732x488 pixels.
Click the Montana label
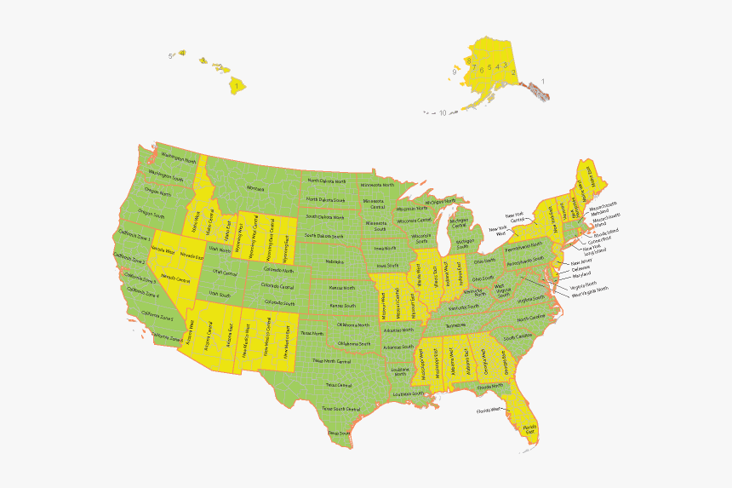click(x=255, y=187)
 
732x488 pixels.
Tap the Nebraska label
click(x=335, y=261)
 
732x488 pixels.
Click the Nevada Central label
click(x=175, y=278)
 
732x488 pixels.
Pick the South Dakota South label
click(x=324, y=236)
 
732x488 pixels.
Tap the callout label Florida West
click(x=489, y=410)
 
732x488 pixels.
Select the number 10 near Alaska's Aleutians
click(x=443, y=112)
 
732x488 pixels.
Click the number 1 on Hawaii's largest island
click(x=236, y=85)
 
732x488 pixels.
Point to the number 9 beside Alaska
click(x=455, y=72)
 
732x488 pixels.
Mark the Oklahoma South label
click(x=353, y=343)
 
